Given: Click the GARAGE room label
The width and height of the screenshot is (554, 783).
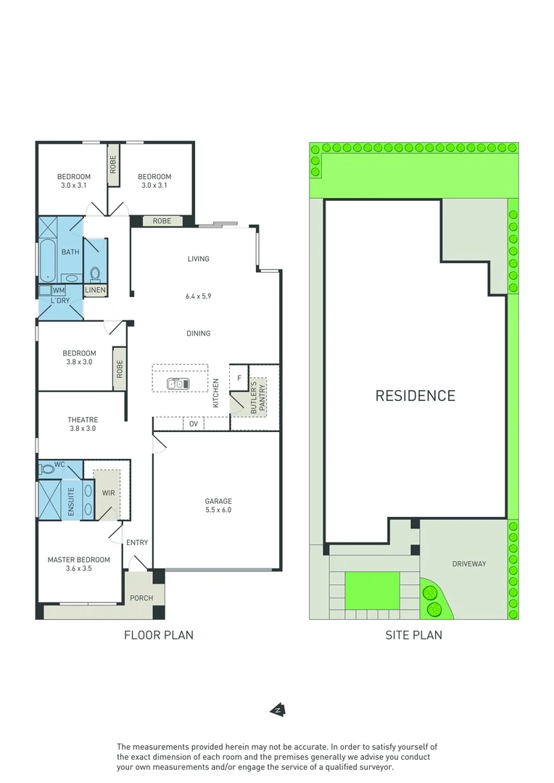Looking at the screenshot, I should (x=218, y=501).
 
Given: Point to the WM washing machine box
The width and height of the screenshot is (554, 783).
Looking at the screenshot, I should (x=58, y=290).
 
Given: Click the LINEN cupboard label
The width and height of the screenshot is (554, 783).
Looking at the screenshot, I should (x=95, y=291).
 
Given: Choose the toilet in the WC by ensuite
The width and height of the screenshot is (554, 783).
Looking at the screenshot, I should (x=48, y=469).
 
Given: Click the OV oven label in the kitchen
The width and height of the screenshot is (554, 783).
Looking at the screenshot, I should (x=194, y=423).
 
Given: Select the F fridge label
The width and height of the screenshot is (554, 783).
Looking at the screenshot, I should (x=239, y=378).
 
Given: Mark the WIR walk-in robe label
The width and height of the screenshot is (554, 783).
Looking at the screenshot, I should (x=109, y=494).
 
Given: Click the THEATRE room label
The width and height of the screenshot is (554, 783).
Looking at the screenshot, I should (x=83, y=420).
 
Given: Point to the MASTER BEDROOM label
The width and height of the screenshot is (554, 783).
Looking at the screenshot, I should (x=79, y=560).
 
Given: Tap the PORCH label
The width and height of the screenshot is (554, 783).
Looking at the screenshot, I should (x=141, y=599).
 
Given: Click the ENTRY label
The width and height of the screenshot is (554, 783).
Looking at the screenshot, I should (x=137, y=542).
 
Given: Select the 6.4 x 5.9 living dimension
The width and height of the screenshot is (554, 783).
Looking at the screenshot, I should (x=198, y=296).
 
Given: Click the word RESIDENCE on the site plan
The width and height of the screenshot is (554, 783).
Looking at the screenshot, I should (x=415, y=396).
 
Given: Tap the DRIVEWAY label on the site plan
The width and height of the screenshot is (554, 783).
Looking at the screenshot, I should (x=468, y=563).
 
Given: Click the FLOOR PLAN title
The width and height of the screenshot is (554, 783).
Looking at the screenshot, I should (x=158, y=635).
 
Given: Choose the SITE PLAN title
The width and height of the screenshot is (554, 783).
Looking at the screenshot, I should (x=413, y=635).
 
